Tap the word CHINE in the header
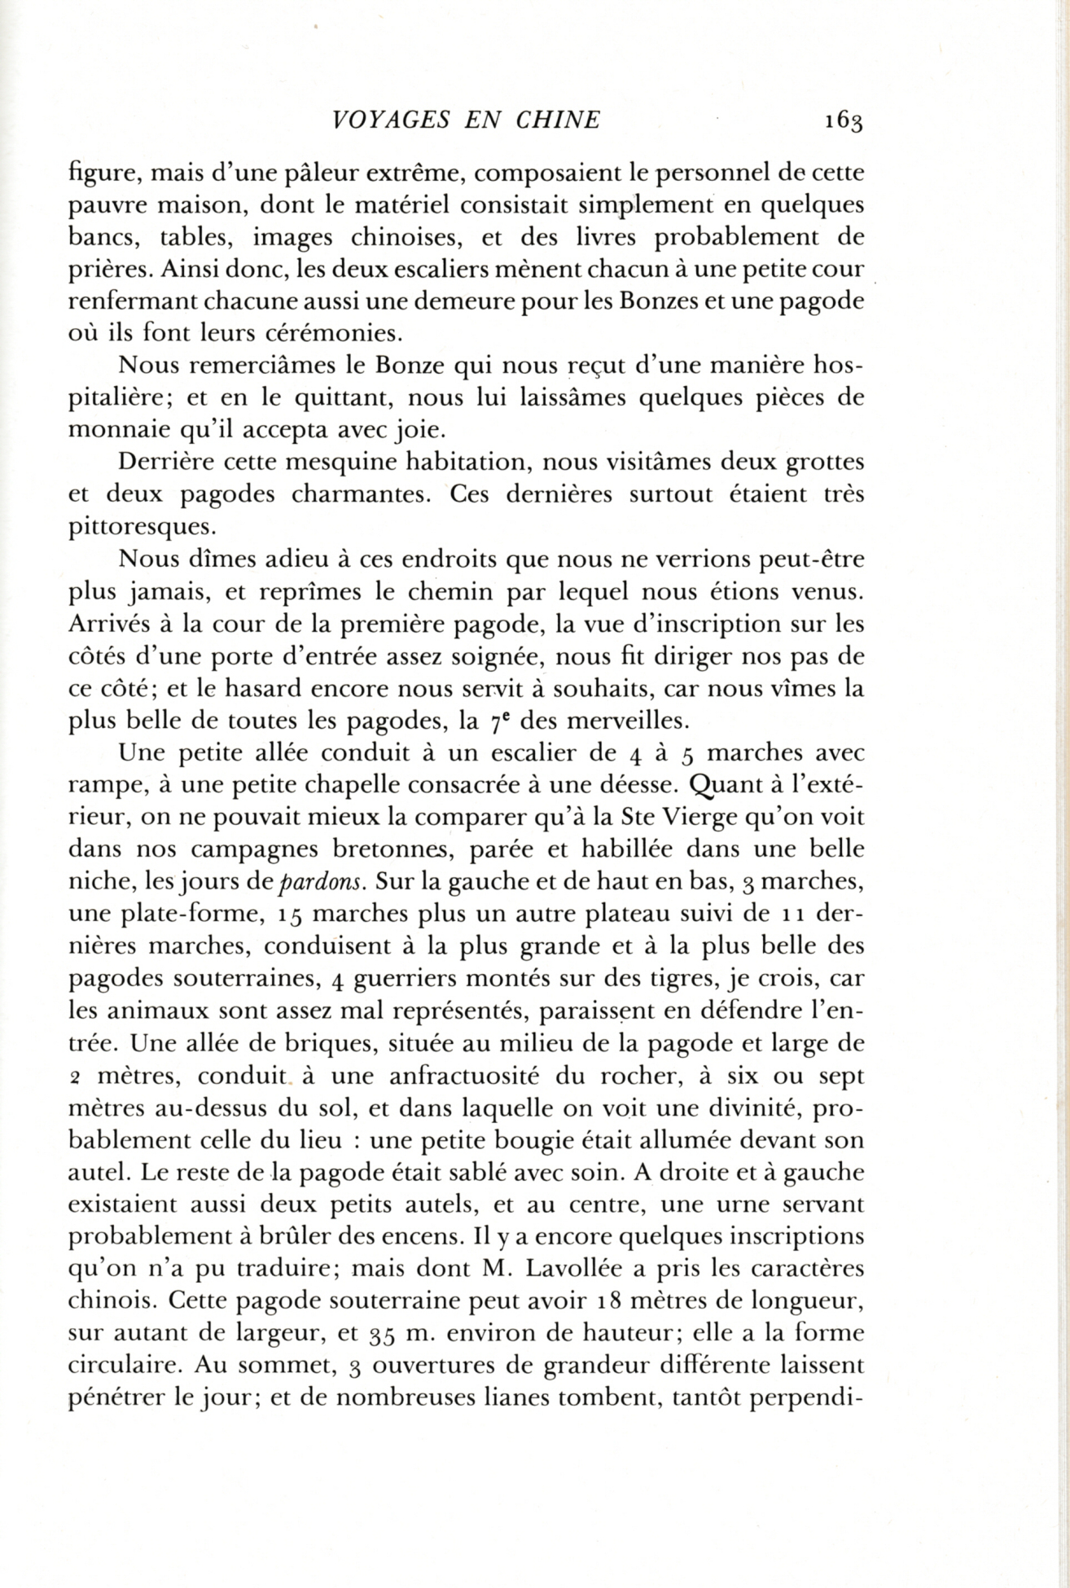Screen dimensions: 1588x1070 tap(558, 120)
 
